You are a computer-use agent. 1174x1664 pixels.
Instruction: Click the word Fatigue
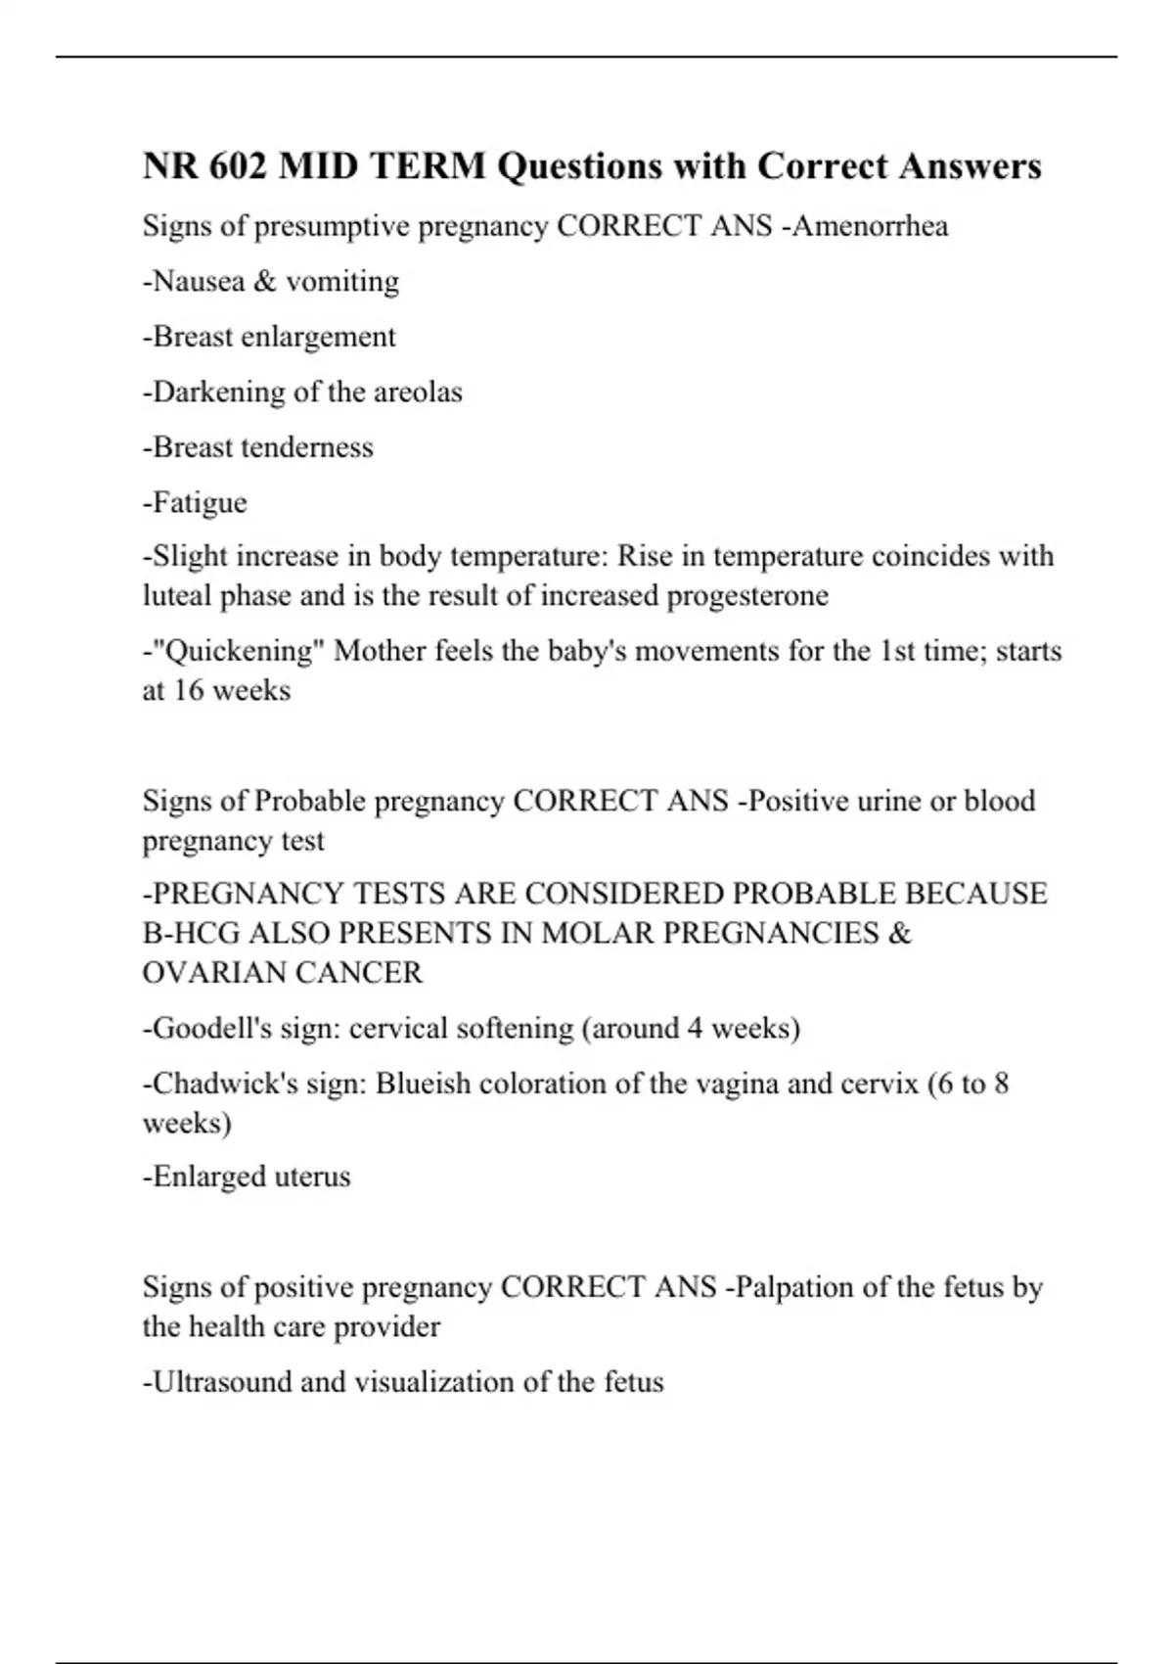[x=199, y=503]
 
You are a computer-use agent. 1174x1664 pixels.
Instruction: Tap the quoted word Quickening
[x=234, y=652]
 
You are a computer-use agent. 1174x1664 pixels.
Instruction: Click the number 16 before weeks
[x=189, y=691]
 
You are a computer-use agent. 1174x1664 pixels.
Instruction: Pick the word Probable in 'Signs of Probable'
[x=310, y=802]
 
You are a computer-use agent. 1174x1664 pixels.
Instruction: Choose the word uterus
[x=312, y=1177]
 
